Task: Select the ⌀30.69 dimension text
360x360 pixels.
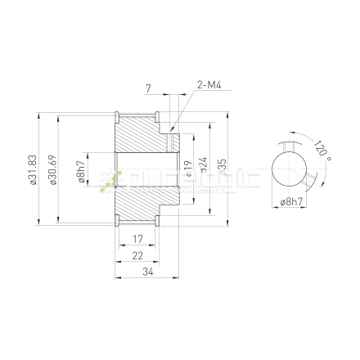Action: click(x=53, y=170)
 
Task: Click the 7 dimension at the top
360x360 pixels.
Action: click(x=148, y=86)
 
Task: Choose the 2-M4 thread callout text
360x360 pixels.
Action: click(x=208, y=84)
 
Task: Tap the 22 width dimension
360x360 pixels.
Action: click(x=137, y=256)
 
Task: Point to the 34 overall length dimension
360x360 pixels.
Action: click(x=147, y=272)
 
